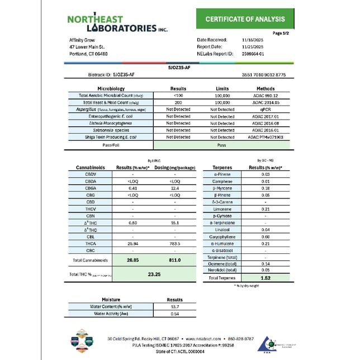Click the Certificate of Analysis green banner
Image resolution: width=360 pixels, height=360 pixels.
click(245, 20)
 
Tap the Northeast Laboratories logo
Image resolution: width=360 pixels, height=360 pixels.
click(117, 23)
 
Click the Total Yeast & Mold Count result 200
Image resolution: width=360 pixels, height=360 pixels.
click(178, 103)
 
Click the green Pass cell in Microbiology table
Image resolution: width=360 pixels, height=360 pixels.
click(222, 144)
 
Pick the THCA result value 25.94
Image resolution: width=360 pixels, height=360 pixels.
click(132, 244)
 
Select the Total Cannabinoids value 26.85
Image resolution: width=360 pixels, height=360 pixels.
click(132, 260)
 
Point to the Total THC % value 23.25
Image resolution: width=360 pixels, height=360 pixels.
click(154, 274)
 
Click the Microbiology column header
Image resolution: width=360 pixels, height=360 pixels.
click(110, 88)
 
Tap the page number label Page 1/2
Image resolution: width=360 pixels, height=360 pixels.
click(280, 34)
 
